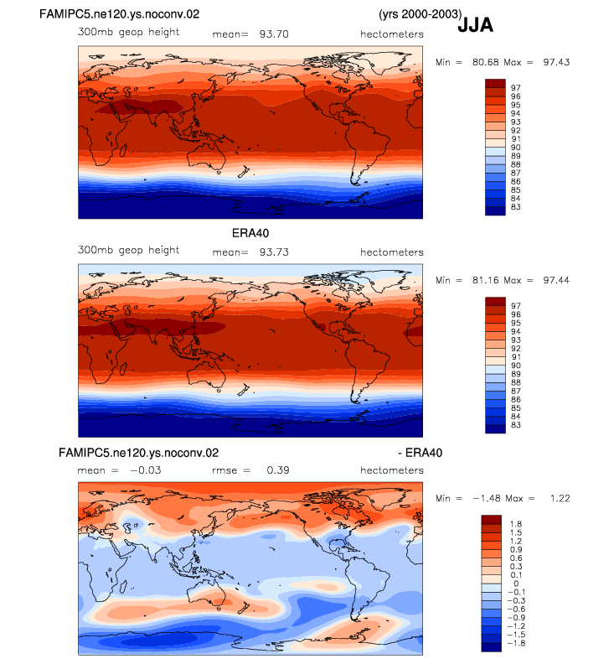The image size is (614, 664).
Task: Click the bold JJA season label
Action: pyautogui.click(x=476, y=25)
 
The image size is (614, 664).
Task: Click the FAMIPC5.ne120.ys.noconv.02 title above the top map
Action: pyautogui.click(x=119, y=14)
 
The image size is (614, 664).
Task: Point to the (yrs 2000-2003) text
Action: pyautogui.click(x=421, y=14)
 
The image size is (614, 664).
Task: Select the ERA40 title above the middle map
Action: pyautogui.click(x=250, y=233)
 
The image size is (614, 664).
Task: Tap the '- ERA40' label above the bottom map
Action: pyautogui.click(x=421, y=453)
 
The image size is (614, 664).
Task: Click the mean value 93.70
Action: pyautogui.click(x=274, y=34)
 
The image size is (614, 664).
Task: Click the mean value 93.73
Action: pyautogui.click(x=274, y=252)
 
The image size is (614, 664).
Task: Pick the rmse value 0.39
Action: pyautogui.click(x=278, y=470)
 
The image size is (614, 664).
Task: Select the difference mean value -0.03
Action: pyautogui.click(x=146, y=470)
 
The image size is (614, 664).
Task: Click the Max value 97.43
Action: pyautogui.click(x=556, y=62)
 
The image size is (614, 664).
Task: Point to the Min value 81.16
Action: pyautogui.click(x=486, y=280)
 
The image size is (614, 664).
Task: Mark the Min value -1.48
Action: pyautogui.click(x=486, y=499)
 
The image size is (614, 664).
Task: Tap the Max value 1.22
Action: pyautogui.click(x=560, y=499)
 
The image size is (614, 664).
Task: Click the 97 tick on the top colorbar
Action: pyautogui.click(x=515, y=88)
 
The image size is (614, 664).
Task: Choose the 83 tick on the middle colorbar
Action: pyautogui.click(x=515, y=425)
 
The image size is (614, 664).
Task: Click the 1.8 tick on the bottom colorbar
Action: pyautogui.click(x=516, y=524)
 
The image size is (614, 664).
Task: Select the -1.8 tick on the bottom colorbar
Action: pyautogui.click(x=516, y=643)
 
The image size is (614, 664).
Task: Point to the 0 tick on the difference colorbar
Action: pyautogui.click(x=516, y=584)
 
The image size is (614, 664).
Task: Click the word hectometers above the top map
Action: pyautogui.click(x=392, y=34)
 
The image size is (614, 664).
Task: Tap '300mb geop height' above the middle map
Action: pyautogui.click(x=128, y=251)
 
